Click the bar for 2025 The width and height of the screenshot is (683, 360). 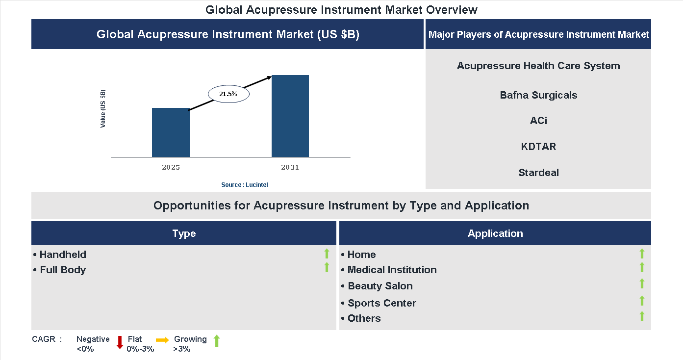[171, 132]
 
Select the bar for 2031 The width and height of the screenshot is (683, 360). [290, 116]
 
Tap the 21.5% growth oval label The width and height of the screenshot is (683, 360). [228, 94]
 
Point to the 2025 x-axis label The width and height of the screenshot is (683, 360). [171, 167]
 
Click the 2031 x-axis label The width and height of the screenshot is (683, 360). [290, 167]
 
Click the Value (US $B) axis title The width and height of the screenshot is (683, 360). [103, 109]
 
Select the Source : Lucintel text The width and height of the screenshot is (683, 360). [245, 184]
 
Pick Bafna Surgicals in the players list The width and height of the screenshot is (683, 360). [538, 95]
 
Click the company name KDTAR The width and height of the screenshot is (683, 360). [538, 147]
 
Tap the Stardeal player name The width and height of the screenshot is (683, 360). [538, 173]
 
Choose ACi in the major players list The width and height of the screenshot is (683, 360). [538, 121]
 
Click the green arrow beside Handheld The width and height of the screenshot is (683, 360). [327, 254]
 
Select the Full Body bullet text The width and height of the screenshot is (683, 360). [63, 270]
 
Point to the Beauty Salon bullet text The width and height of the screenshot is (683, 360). [380, 286]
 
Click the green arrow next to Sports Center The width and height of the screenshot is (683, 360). [642, 301]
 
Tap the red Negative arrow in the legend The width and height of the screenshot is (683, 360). [120, 342]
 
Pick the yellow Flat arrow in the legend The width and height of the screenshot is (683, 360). [162, 340]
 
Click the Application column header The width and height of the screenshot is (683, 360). [495, 233]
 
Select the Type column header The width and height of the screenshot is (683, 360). [184, 233]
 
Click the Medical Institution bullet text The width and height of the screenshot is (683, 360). [392, 270]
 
